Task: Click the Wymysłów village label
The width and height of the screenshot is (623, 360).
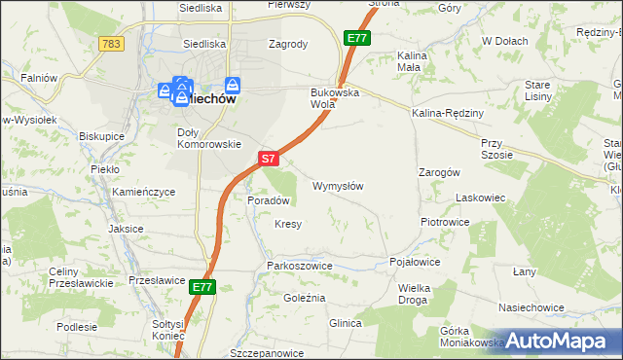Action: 338,186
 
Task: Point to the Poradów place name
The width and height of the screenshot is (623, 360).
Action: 269,200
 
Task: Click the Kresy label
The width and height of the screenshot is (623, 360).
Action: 288,224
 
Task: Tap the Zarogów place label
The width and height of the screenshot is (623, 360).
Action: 439,171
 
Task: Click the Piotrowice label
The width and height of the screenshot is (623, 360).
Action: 445,222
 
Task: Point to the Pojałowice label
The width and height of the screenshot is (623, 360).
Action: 415,263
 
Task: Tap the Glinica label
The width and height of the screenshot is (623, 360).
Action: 346,322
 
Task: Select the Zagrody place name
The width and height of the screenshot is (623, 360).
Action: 288,44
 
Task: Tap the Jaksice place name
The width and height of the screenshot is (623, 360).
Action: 127,229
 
